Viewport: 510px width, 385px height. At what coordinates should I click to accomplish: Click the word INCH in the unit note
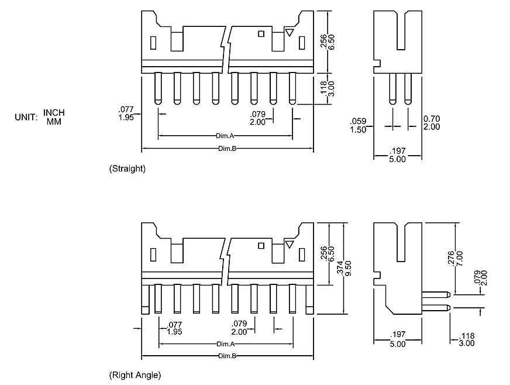tap(54, 112)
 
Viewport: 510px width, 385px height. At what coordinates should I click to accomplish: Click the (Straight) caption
tap(127, 169)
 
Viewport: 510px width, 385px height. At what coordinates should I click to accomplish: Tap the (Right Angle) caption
tap(135, 374)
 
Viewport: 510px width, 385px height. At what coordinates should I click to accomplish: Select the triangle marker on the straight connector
tap(289, 32)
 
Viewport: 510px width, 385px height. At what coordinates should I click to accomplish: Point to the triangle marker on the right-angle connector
tap(289, 244)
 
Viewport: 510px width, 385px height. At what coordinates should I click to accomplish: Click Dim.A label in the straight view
tap(225, 136)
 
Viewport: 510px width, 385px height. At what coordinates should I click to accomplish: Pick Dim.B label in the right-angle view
tap(227, 356)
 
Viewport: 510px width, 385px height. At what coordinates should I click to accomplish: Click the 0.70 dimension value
tap(432, 119)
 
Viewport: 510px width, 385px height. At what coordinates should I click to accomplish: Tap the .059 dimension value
tap(357, 121)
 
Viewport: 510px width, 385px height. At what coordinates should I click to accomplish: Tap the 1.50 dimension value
tap(357, 129)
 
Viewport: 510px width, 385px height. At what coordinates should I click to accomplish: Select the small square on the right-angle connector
tap(261, 246)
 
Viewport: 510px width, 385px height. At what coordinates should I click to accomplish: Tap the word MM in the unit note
tap(54, 121)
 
